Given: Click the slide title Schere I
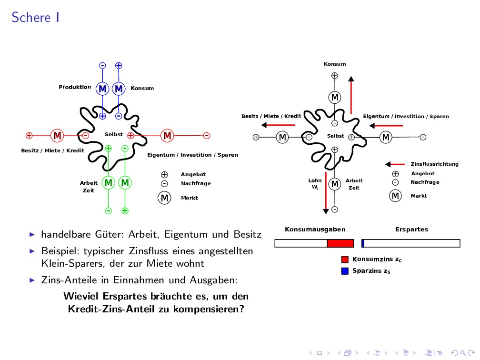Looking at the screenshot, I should tap(35, 18).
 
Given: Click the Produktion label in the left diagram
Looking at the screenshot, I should tap(75, 87).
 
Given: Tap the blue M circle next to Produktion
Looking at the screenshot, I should tap(102, 89).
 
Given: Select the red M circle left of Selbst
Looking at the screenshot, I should tap(58, 136).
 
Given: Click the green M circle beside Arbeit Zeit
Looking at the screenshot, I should tap(109, 182).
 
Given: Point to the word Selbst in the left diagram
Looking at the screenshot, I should tap(114, 135).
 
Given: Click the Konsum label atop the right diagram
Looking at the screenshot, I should tap(335, 64).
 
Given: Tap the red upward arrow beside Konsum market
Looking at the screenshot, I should tap(351, 95).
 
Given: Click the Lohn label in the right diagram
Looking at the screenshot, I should tap(315, 180).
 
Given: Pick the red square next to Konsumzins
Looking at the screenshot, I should tap(345, 260).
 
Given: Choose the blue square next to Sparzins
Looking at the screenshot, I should tap(345, 271).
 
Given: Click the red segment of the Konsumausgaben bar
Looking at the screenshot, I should tap(340, 243).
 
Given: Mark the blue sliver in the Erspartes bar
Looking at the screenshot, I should tap(363, 243).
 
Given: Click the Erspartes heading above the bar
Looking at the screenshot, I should tap(411, 230).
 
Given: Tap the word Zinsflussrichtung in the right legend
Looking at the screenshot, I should tap(434, 164).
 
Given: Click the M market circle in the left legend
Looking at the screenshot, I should tap(164, 198).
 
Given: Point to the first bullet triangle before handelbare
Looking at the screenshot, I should tap(32, 234).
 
